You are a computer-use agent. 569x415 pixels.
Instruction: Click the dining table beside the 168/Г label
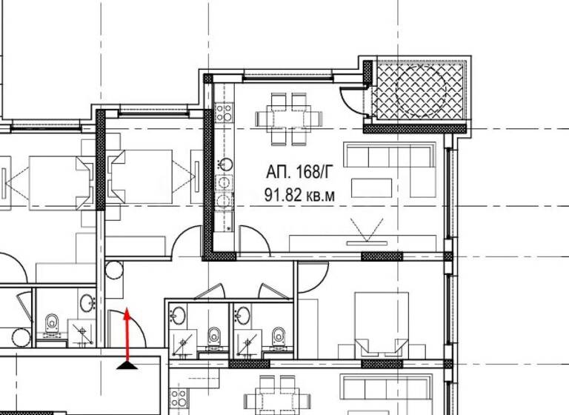tap(289, 118)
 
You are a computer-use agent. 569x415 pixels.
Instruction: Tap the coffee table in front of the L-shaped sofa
tap(371, 187)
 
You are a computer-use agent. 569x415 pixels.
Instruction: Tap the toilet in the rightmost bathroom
tap(279, 336)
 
